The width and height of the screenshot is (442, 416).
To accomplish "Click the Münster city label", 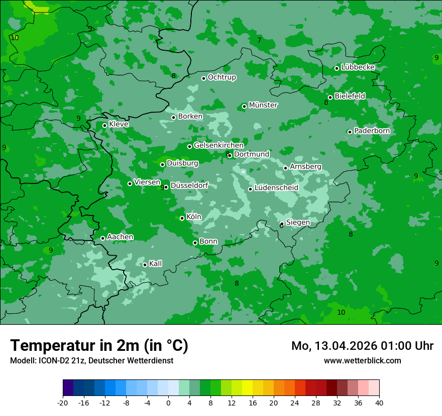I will tap(263, 105).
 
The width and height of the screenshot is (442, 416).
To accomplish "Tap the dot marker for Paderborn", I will tap(350, 132).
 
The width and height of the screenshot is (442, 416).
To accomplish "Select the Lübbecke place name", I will tap(358, 67).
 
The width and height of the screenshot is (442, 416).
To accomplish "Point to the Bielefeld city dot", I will tap(330, 98).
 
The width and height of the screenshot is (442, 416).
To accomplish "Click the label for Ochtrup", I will tap(222, 77).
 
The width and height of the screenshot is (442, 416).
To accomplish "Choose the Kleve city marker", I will tap(104, 125).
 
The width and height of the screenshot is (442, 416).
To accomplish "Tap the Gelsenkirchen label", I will tap(218, 145).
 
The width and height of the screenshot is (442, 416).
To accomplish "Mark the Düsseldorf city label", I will tap(189, 186).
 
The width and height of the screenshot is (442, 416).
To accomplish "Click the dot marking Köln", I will tap(182, 218).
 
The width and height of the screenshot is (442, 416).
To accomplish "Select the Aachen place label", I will tap(120, 237).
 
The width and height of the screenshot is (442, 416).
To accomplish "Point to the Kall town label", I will tap(155, 264).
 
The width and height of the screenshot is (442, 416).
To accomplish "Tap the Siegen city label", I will tap(298, 223).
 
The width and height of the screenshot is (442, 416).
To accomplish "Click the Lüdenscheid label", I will tap(276, 188).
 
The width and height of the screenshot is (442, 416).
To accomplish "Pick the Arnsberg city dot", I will tap(285, 168).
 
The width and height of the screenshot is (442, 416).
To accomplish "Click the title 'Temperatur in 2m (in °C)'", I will tap(99, 346).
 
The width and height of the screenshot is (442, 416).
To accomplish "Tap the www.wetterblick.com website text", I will tap(362, 360).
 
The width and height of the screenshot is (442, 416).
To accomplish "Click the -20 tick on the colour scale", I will tap(63, 402).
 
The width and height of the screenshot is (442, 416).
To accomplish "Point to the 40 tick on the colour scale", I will tap(379, 402).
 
